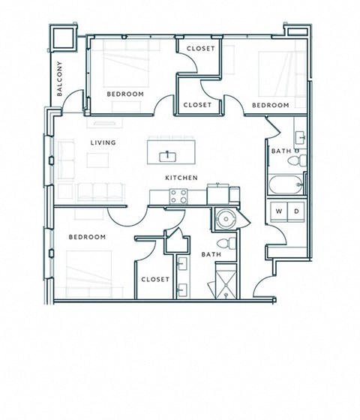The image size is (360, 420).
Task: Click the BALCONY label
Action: [x=59, y=79]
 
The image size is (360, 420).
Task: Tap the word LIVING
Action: [x=102, y=141]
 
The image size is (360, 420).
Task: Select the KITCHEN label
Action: [x=181, y=178]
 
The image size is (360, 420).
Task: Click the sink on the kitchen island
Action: [x=166, y=156]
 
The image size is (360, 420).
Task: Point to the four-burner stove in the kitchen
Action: [x=178, y=196]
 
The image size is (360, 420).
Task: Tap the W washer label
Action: [x=279, y=211]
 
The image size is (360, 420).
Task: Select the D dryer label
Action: [x=296, y=211]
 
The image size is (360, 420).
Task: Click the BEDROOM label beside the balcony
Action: [x=124, y=94]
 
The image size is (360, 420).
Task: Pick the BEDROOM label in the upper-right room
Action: [x=270, y=105]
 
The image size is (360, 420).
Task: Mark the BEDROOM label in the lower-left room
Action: [x=87, y=237]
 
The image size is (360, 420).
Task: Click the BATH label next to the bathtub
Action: [x=281, y=152]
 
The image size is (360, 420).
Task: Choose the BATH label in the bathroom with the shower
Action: [x=211, y=255]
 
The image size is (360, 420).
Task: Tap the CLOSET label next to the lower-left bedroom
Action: [x=155, y=279]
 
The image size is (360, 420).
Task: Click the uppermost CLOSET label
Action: [x=200, y=49]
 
